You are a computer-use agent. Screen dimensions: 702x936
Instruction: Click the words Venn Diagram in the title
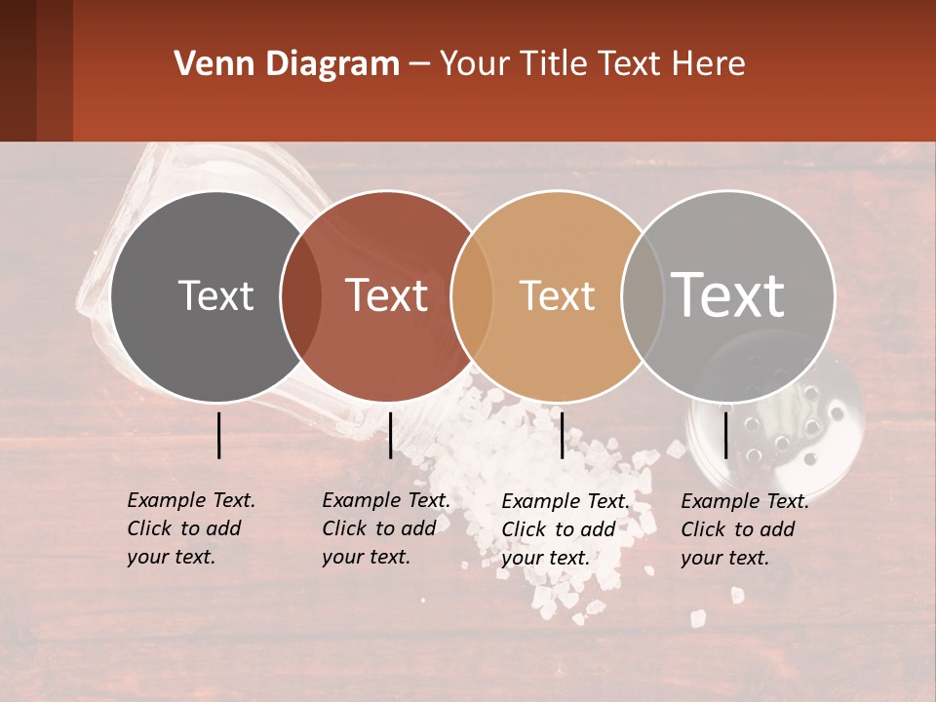click(287, 64)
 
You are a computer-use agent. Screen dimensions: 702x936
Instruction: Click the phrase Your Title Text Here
click(592, 64)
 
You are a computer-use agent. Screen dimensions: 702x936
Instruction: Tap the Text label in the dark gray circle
click(215, 296)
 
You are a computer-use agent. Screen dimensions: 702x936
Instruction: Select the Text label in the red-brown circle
click(386, 296)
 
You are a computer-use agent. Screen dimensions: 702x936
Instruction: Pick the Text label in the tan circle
click(557, 296)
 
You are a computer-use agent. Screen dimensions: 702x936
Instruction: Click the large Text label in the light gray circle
click(728, 294)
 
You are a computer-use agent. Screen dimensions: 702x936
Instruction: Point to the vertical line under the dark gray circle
click(218, 435)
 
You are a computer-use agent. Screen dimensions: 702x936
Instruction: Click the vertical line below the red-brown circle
click(390, 435)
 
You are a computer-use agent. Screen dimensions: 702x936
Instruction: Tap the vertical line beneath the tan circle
click(562, 435)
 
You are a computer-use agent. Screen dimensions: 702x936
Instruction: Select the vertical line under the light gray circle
click(726, 435)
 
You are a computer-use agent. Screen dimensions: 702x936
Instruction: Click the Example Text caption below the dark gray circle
click(190, 528)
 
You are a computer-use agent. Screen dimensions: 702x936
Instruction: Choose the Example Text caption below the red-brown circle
click(385, 528)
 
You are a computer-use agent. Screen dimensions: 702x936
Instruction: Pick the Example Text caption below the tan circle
click(565, 529)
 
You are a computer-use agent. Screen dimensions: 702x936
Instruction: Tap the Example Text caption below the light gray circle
click(744, 529)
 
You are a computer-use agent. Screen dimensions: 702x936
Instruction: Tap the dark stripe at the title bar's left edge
click(18, 70)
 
